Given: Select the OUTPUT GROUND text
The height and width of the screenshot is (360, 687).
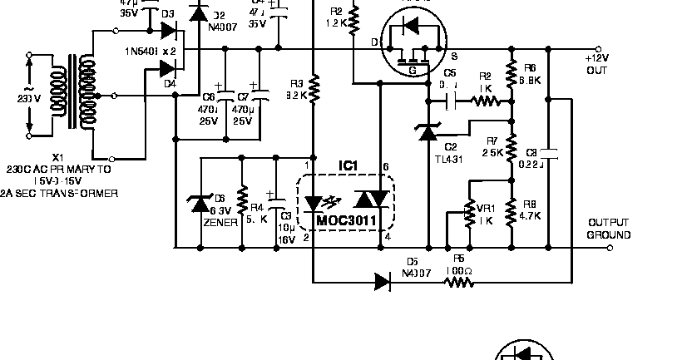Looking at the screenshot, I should click(609, 229).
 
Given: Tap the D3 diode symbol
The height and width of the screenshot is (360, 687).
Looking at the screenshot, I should click(169, 32).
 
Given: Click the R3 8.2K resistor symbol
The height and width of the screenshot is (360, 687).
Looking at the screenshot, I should click(314, 86).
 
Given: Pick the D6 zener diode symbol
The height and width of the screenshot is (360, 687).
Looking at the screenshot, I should click(200, 202).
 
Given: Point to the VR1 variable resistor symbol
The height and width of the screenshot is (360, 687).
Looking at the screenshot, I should click(470, 214).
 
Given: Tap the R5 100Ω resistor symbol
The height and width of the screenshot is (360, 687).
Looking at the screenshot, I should click(459, 281).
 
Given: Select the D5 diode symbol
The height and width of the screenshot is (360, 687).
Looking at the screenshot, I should click(383, 281).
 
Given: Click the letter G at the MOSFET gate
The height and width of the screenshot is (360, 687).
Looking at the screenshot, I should click(412, 72).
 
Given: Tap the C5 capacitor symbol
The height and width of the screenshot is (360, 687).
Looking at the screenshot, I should click(450, 101).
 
